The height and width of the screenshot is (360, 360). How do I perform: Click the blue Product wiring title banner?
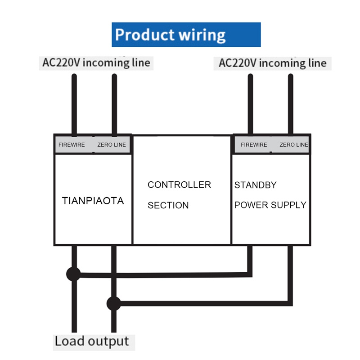pos(186,35)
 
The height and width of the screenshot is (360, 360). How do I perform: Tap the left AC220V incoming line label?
pos(96,62)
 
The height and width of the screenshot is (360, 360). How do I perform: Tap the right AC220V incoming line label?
pos(272,63)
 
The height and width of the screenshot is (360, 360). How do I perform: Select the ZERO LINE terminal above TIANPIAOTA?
pos(112,145)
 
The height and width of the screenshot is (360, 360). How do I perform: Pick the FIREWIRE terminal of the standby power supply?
pos(254,145)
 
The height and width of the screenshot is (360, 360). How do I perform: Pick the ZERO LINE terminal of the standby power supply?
pos(294,145)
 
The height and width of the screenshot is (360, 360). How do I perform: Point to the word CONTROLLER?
pos(179,185)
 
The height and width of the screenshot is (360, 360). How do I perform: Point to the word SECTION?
pos(168,206)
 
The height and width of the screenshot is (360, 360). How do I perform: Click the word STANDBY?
pos(256,185)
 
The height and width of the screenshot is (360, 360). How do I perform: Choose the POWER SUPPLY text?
pos(270,205)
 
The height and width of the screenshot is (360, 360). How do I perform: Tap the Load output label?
pos(91,341)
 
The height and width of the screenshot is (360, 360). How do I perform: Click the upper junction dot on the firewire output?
pos(73,274)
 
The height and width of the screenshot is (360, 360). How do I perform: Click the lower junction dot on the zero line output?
pos(114,303)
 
